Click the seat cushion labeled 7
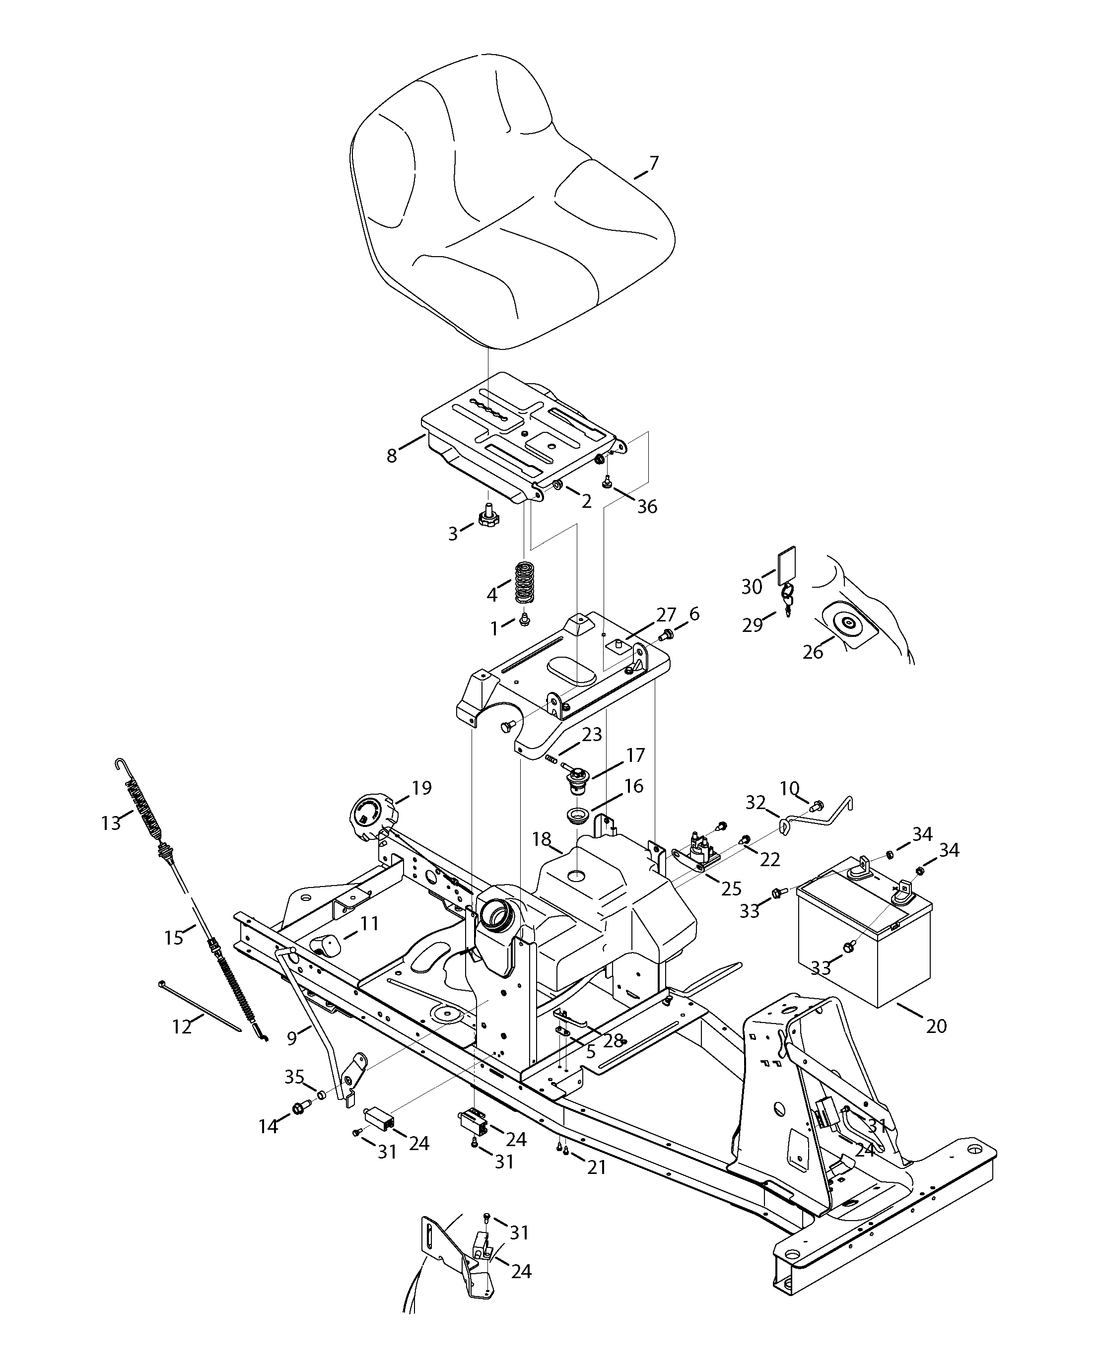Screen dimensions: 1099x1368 pyautogui.click(x=508, y=203)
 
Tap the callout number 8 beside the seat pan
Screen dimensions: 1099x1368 pyautogui.click(x=392, y=456)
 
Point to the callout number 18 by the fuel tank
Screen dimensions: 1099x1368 pyautogui.click(x=541, y=839)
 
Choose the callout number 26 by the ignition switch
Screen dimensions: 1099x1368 pyautogui.click(x=813, y=652)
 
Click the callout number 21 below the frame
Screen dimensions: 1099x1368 pyautogui.click(x=597, y=1167)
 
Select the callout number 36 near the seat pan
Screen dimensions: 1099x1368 pyautogui.click(x=647, y=506)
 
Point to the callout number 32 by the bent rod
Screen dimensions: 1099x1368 pyautogui.click(x=755, y=803)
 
